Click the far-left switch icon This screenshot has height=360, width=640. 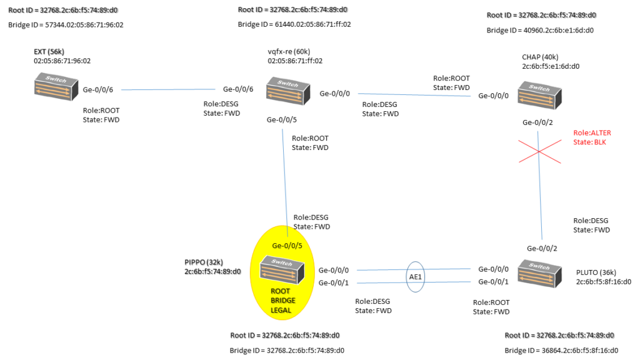pyautogui.click(x=56, y=86)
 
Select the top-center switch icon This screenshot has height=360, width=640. pyautogui.click(x=287, y=91)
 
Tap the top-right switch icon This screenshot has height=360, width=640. pyautogui.click(x=539, y=95)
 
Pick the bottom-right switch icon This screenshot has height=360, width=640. pyautogui.click(x=539, y=273)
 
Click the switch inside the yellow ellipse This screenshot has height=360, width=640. pyautogui.click(x=282, y=270)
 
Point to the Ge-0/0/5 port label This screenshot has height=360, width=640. pyautogui.click(x=287, y=246)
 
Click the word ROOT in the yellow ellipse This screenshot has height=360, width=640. pyautogui.click(x=280, y=291)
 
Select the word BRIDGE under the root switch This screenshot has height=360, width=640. pyautogui.click(x=282, y=301)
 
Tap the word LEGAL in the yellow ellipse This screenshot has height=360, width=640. pyautogui.click(x=281, y=310)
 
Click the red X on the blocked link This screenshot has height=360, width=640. pyautogui.click(x=539, y=151)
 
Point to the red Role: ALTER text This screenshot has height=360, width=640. pyautogui.click(x=592, y=133)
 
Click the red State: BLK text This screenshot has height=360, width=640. pyautogui.click(x=589, y=142)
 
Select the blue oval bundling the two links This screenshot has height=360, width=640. pyautogui.click(x=416, y=276)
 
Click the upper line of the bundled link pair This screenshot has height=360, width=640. pyautogui.click(x=381, y=270)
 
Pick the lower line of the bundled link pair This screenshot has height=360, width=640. pyautogui.click(x=381, y=283)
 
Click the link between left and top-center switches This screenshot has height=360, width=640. pyautogui.click(x=167, y=89)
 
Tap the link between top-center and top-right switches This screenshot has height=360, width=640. pyautogui.click(x=414, y=95)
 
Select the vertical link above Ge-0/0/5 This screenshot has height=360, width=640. pyautogui.click(x=284, y=175)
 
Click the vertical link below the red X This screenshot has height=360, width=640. pyautogui.click(x=540, y=200)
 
